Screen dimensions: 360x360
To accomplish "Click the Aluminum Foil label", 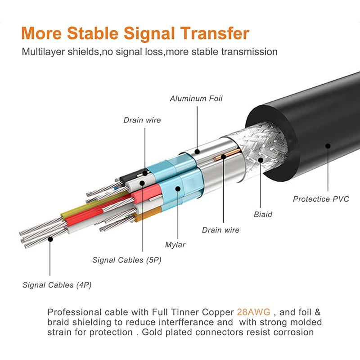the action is pyautogui.click(x=196, y=99).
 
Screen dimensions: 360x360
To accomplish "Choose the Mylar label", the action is pyautogui.click(x=175, y=245).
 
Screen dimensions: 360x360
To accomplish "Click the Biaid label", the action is pyautogui.click(x=263, y=215).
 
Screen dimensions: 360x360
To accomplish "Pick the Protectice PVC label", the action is pyautogui.click(x=321, y=199).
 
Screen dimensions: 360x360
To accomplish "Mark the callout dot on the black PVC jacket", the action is pyautogui.click(x=328, y=146).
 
